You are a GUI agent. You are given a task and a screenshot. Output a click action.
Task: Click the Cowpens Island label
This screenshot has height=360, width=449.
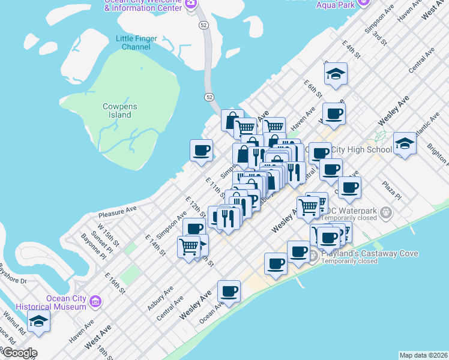(119, 110)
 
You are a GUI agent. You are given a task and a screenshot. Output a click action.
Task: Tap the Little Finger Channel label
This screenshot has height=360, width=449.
(136, 43)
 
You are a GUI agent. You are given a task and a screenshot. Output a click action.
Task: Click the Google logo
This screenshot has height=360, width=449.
(19, 353)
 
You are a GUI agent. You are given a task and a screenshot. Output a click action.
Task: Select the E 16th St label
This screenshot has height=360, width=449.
(114, 283)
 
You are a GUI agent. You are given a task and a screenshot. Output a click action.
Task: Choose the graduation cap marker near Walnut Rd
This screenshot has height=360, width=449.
(39, 321)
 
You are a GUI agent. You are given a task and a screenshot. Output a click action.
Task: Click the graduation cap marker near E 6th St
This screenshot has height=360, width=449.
(336, 74)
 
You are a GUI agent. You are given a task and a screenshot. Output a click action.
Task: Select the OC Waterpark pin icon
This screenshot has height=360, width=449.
(386, 212)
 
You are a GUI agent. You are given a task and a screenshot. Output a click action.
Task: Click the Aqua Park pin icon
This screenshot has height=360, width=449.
(363, 3)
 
